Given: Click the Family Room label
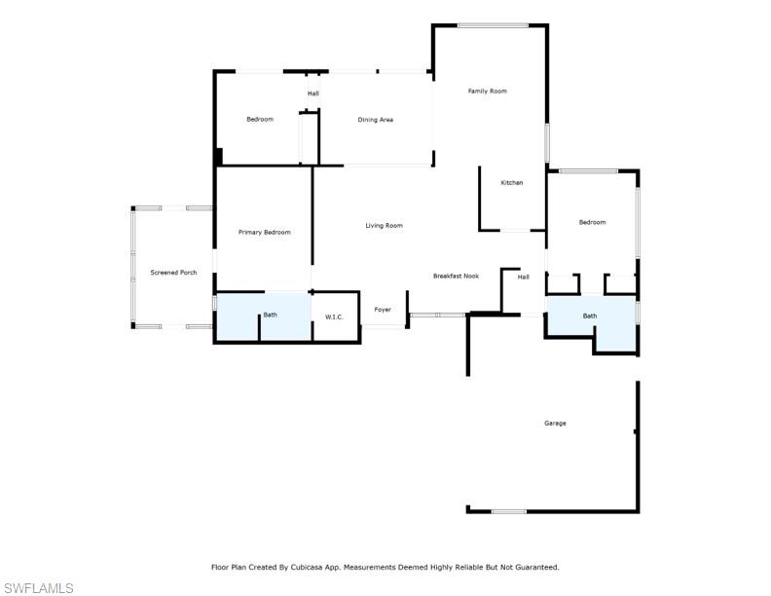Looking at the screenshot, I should pyautogui.click(x=487, y=92).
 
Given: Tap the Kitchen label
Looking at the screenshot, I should pyautogui.click(x=511, y=183).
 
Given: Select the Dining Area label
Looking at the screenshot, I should pyautogui.click(x=375, y=120).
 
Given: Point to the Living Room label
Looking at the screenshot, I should pyautogui.click(x=384, y=226).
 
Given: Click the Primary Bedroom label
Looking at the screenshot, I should pyautogui.click(x=265, y=233).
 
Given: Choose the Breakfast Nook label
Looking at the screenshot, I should pyautogui.click(x=456, y=277).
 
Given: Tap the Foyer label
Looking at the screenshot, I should pyautogui.click(x=383, y=311).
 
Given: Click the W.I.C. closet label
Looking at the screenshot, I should pyautogui.click(x=334, y=317).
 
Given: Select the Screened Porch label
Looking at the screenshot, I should pyautogui.click(x=173, y=273).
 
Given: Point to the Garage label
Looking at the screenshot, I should pyautogui.click(x=555, y=424).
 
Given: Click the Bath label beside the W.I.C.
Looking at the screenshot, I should pyautogui.click(x=270, y=315).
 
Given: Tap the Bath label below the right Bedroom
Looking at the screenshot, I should pyautogui.click(x=590, y=316).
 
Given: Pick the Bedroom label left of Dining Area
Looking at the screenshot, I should pyautogui.click(x=260, y=120).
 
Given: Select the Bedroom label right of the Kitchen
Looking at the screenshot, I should pyautogui.click(x=592, y=222).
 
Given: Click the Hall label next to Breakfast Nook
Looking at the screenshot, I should pyautogui.click(x=523, y=278).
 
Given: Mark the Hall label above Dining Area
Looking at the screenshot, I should pyautogui.click(x=312, y=93).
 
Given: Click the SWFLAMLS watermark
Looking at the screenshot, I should pyautogui.click(x=38, y=587).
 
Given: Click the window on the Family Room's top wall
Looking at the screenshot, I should pyautogui.click(x=493, y=25).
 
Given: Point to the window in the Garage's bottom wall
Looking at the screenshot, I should pyautogui.click(x=508, y=510).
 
